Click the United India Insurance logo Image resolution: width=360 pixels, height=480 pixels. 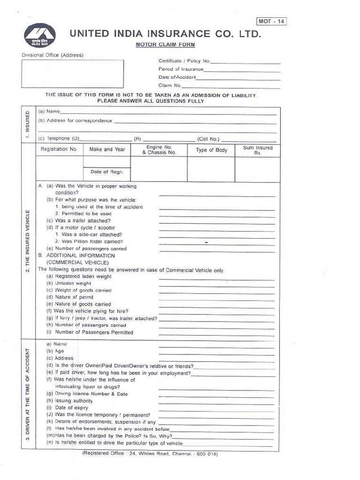[40, 36]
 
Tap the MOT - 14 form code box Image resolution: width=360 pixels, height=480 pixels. [271, 21]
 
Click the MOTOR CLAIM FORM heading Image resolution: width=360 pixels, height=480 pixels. [165, 45]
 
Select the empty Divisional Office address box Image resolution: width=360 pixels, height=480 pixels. [73, 74]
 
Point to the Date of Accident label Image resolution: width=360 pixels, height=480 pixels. [177, 77]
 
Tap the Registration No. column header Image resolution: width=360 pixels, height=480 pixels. [59, 150]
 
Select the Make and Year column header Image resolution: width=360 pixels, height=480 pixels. [107, 150]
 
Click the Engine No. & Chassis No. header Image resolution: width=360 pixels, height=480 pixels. [159, 150]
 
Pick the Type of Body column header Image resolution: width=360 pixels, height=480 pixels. [211, 150]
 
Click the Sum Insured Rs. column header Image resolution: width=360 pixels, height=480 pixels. [257, 150]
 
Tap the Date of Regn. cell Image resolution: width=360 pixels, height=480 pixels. [107, 172]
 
